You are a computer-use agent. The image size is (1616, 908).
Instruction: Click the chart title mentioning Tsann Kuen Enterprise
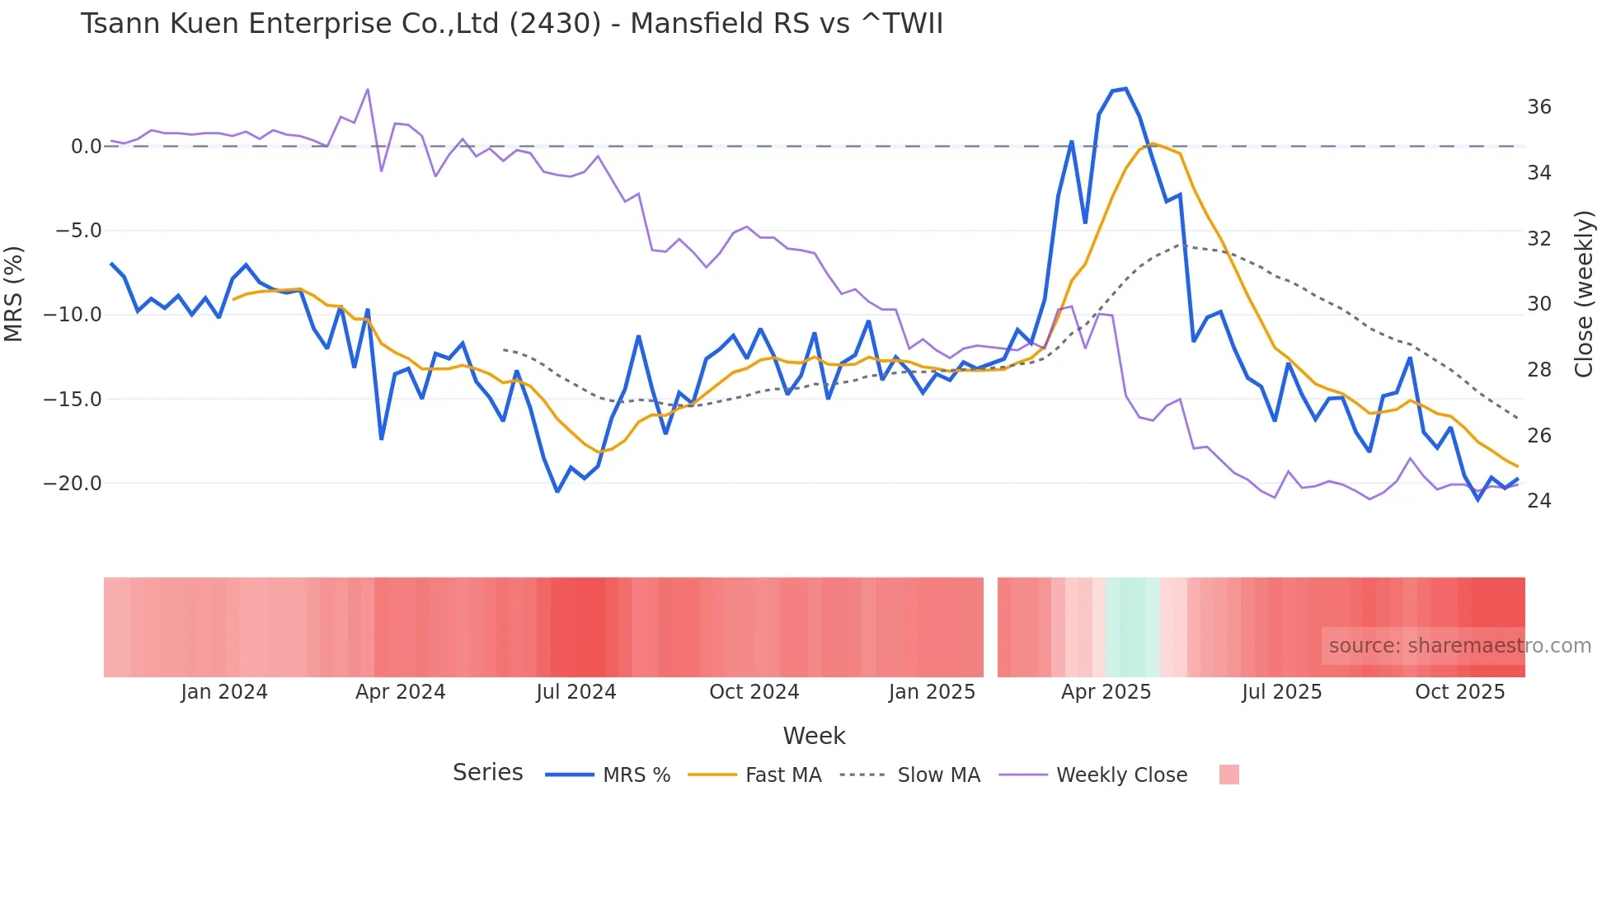511,24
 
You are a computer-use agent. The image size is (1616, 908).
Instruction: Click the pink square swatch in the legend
1228,775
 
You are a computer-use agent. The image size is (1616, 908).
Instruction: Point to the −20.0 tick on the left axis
73,484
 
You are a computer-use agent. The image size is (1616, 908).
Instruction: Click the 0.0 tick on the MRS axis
86,147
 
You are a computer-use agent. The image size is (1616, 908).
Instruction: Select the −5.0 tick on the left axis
78,231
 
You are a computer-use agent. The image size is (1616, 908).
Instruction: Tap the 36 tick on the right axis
1538,107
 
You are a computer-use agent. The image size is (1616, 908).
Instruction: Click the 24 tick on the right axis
1538,501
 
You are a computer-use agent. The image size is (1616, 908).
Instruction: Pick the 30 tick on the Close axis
1538,304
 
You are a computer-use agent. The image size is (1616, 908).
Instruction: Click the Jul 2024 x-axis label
575,692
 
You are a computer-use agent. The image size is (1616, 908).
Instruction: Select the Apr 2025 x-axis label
1105,692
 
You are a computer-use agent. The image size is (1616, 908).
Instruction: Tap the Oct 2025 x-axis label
1459,692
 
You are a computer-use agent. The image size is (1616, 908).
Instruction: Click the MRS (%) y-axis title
14,294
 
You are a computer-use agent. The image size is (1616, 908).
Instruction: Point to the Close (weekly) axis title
1584,294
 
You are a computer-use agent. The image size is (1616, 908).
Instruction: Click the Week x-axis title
814,736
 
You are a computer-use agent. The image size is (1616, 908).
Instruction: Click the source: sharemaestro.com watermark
1459,646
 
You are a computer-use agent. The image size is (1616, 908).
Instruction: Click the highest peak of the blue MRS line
1125,89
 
